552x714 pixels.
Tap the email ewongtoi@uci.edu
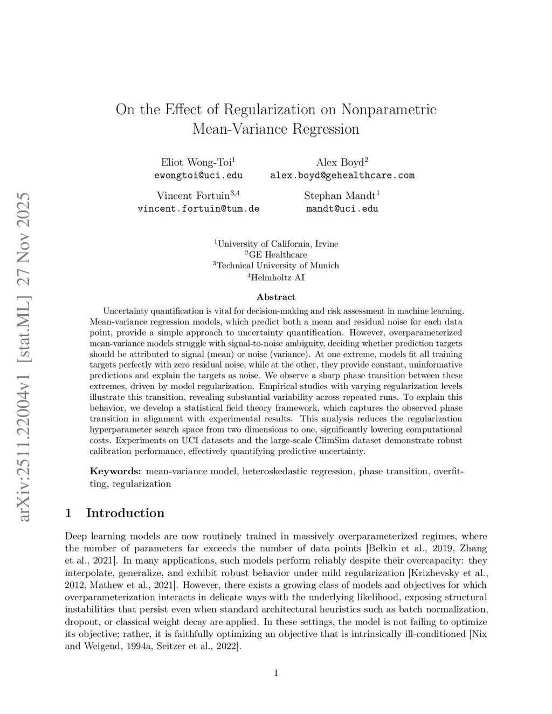tap(198, 175)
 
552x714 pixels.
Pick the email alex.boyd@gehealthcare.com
tap(342, 175)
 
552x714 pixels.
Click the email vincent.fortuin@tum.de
tap(198, 209)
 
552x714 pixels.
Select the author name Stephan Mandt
tap(340, 195)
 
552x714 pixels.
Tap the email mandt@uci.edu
tap(342, 209)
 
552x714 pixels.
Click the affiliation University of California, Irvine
tap(278, 244)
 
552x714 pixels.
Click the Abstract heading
tap(276, 297)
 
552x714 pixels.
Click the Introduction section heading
tap(125, 513)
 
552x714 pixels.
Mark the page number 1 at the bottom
tap(276, 673)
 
